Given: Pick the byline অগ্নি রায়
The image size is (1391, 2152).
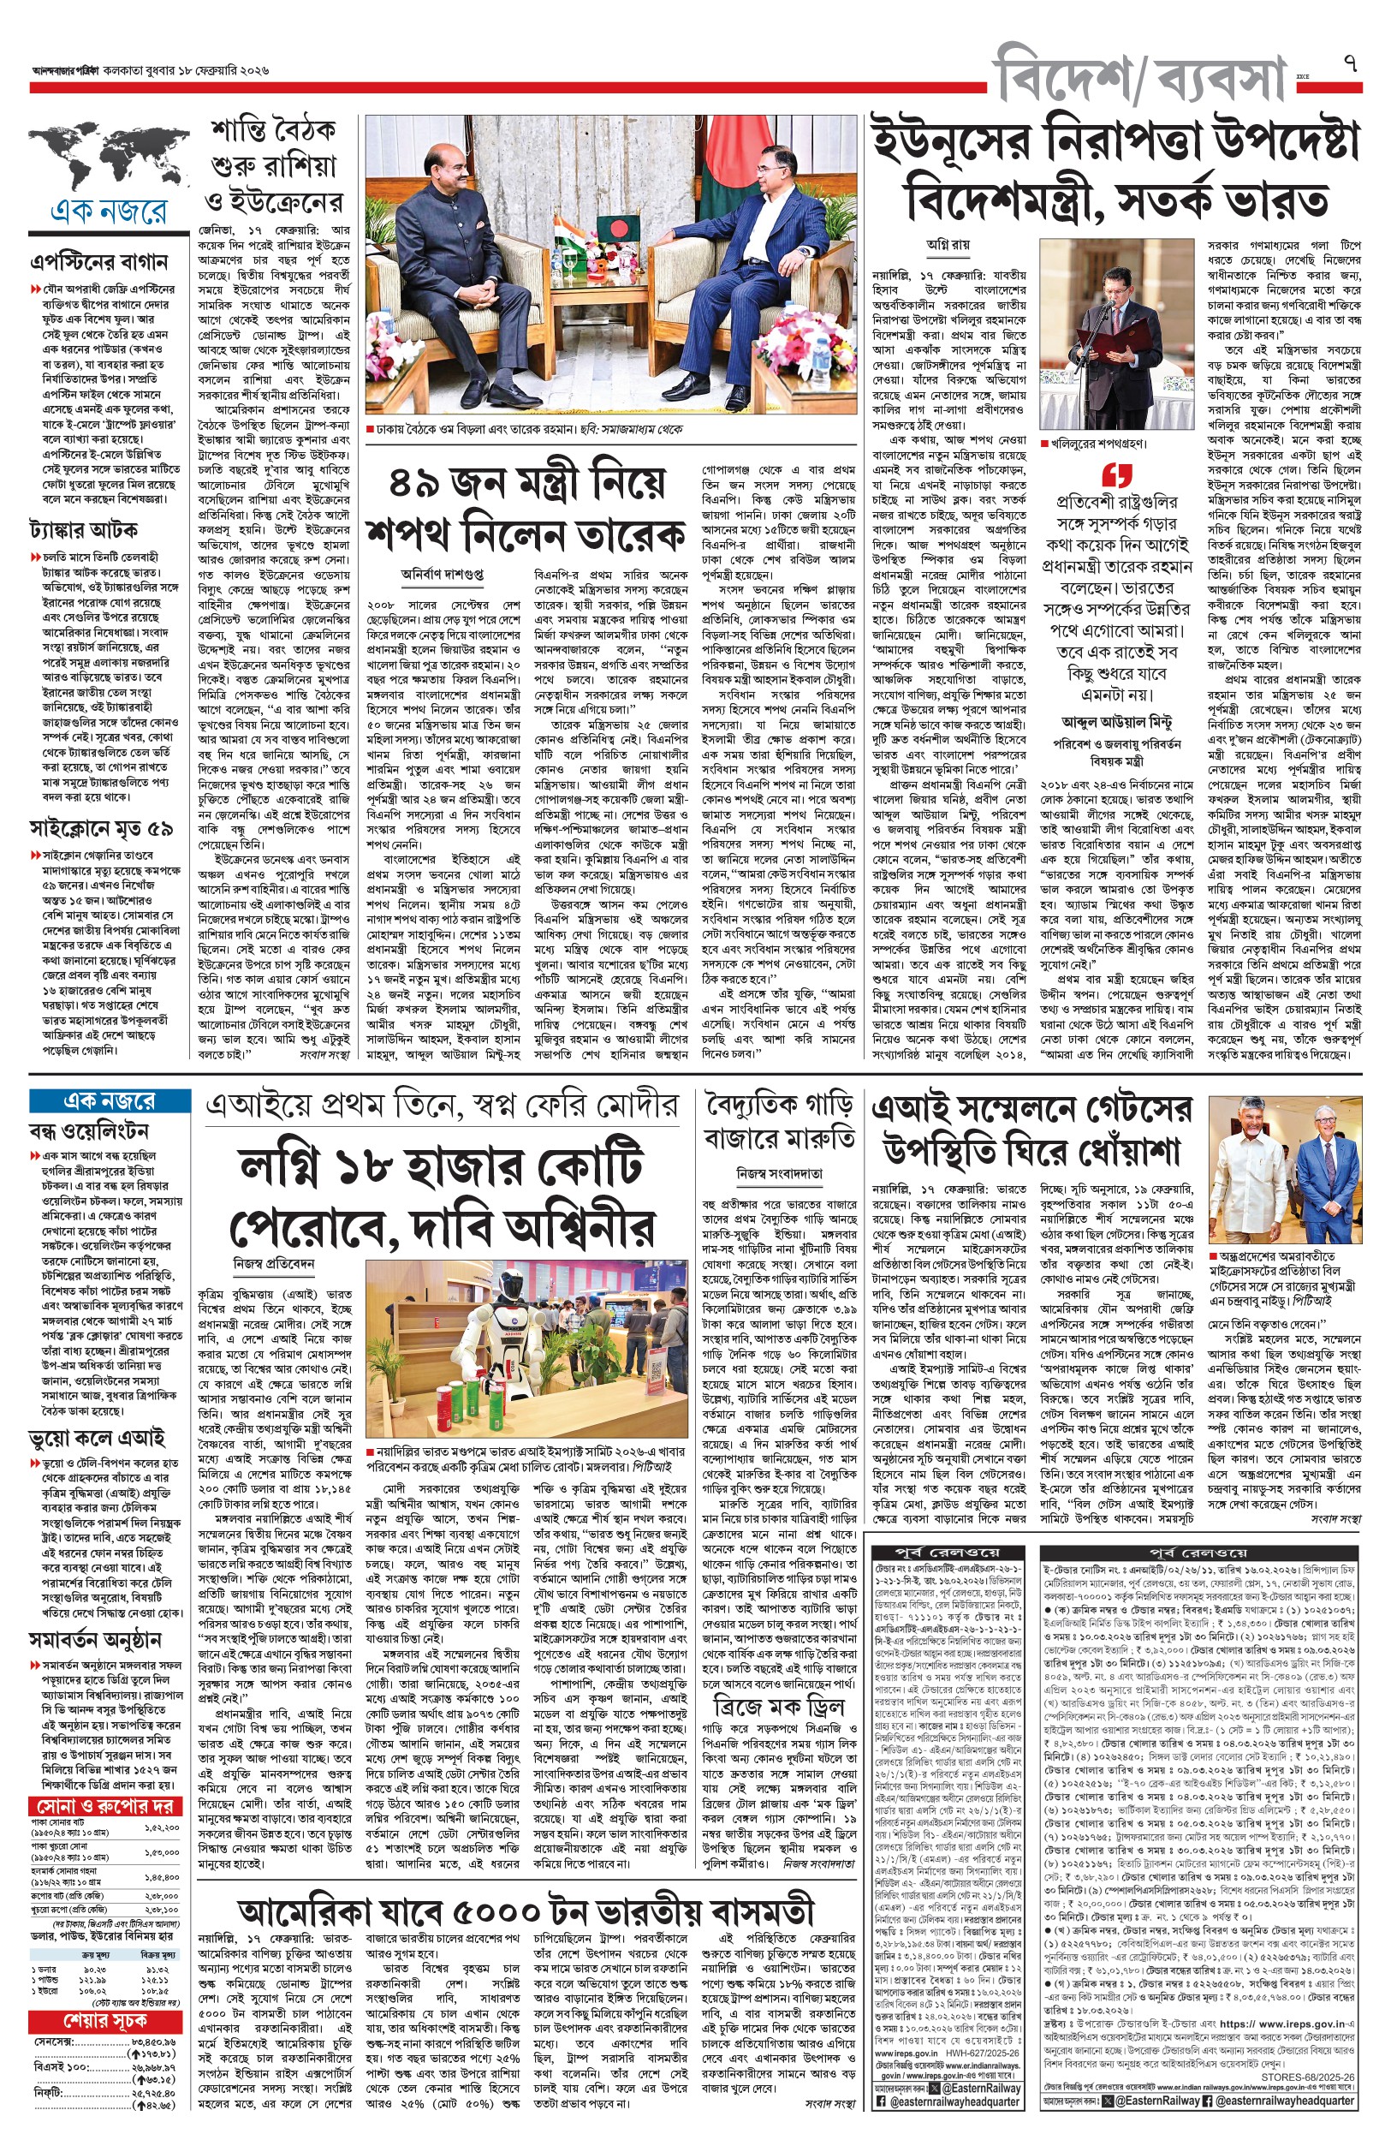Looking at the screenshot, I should [948, 244].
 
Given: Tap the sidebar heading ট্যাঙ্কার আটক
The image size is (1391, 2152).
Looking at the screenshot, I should [83, 528].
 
